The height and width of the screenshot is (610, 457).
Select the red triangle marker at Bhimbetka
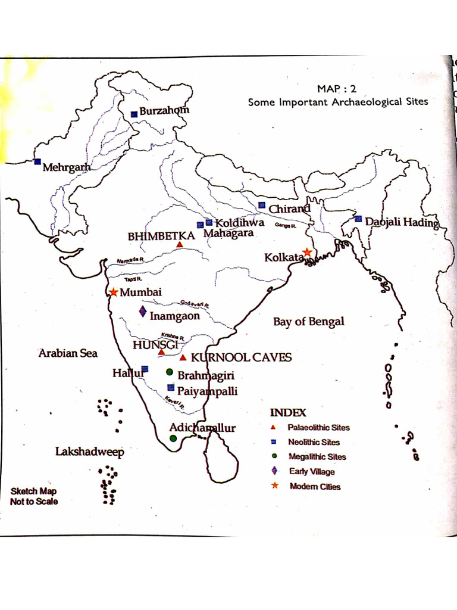pyautogui.click(x=180, y=244)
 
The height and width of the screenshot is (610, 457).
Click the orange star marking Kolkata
pyautogui.click(x=307, y=252)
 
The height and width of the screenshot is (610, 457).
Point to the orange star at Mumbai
pyautogui.click(x=113, y=292)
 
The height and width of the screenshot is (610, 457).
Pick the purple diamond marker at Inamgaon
pyautogui.click(x=143, y=311)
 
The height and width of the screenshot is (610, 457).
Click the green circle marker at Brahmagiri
pyautogui.click(x=170, y=372)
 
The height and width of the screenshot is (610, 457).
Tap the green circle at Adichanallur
pyautogui.click(x=173, y=438)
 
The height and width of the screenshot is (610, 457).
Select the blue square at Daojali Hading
pyautogui.click(x=358, y=219)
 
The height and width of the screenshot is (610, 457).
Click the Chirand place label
pyautogui.click(x=289, y=209)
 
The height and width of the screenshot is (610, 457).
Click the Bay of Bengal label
pyautogui.click(x=308, y=322)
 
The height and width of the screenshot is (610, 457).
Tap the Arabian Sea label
pyautogui.click(x=67, y=353)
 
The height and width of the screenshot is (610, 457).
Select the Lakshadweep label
pyautogui.click(x=89, y=452)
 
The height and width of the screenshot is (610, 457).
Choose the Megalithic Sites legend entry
pyautogui.click(x=317, y=457)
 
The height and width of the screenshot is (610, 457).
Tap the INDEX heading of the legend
pyautogui.click(x=288, y=412)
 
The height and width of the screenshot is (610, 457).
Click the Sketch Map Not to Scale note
pyautogui.click(x=34, y=496)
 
